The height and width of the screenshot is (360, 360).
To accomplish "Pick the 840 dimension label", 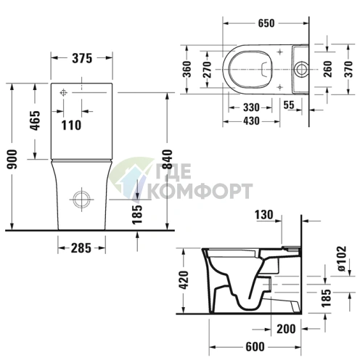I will click(x=168, y=173).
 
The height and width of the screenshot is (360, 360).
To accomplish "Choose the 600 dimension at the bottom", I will click(x=253, y=347).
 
